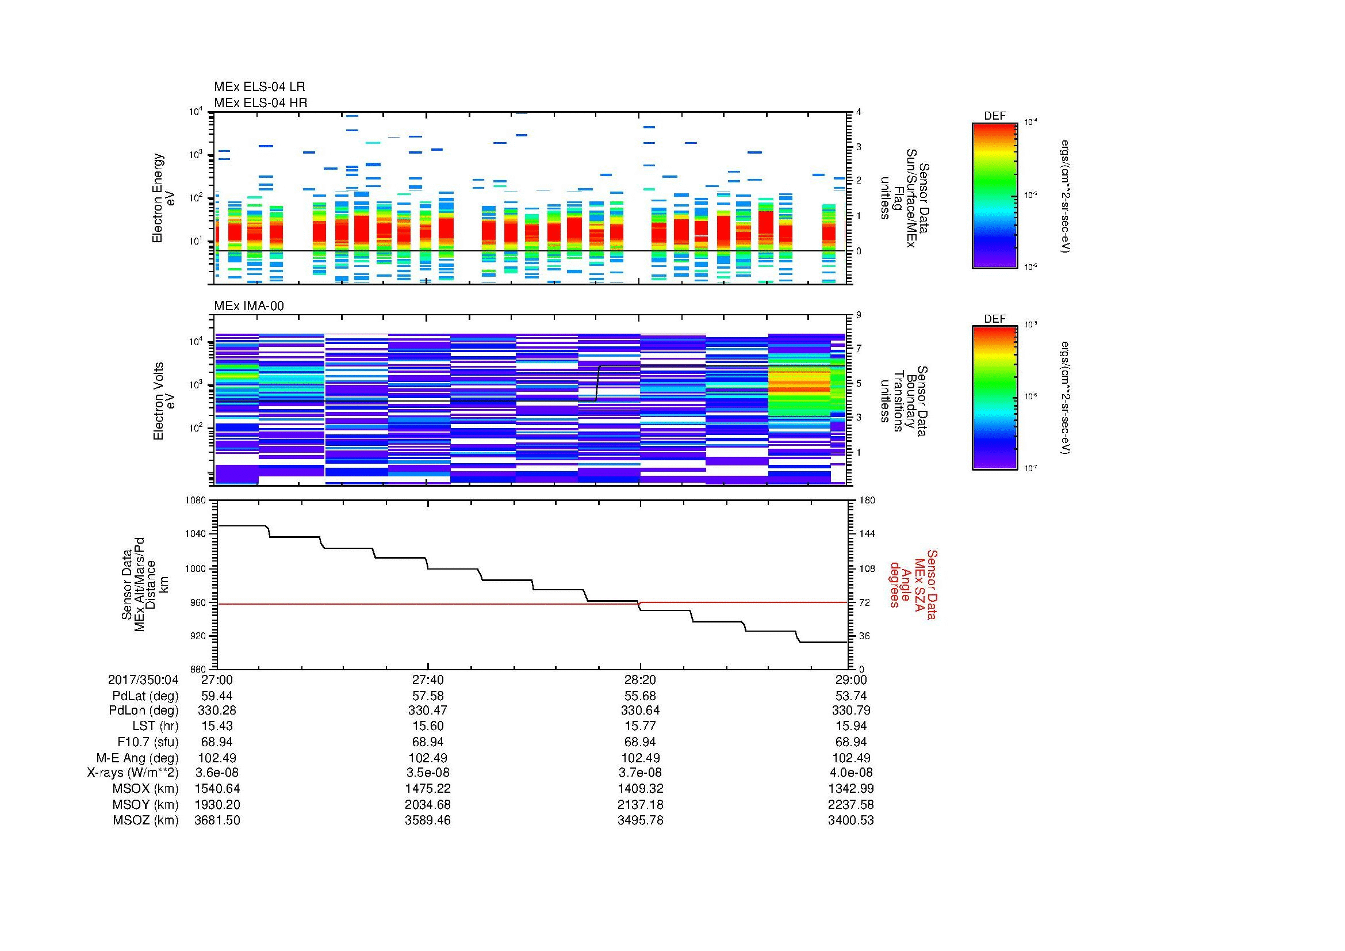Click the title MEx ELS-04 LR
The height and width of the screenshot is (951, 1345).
coord(259,87)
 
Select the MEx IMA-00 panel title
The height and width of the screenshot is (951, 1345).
coord(249,306)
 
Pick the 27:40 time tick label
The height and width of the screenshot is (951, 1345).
coord(428,680)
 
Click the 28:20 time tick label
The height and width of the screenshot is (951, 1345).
coord(640,680)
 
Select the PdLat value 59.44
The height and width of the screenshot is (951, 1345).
coord(217,696)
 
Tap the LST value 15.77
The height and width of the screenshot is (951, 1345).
coord(640,727)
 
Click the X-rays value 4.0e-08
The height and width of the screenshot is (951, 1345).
coord(850,773)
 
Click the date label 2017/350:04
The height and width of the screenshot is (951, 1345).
coord(143,680)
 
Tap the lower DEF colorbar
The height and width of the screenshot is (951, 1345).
coord(995,398)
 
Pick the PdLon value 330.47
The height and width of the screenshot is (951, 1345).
coord(428,711)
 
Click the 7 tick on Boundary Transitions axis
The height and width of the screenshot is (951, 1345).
coord(859,349)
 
